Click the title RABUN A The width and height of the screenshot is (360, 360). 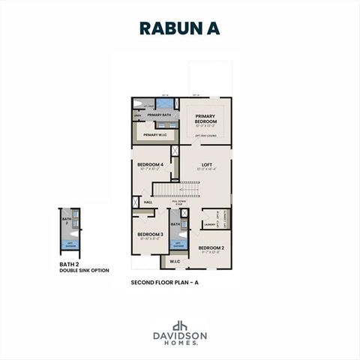tap(180, 28)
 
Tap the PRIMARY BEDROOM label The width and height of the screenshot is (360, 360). tap(205, 118)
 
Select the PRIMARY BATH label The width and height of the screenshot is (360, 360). tap(159, 115)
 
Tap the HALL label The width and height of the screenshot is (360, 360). tap(148, 202)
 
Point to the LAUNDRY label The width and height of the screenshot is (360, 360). tap(210, 223)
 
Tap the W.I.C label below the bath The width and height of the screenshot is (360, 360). tap(173, 261)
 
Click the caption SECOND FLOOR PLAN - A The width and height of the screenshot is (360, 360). tap(165, 283)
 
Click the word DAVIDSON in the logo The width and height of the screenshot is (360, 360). tap(179, 336)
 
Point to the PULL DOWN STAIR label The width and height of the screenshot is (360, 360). tap(178, 202)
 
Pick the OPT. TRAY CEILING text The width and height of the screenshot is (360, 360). tap(205, 136)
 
